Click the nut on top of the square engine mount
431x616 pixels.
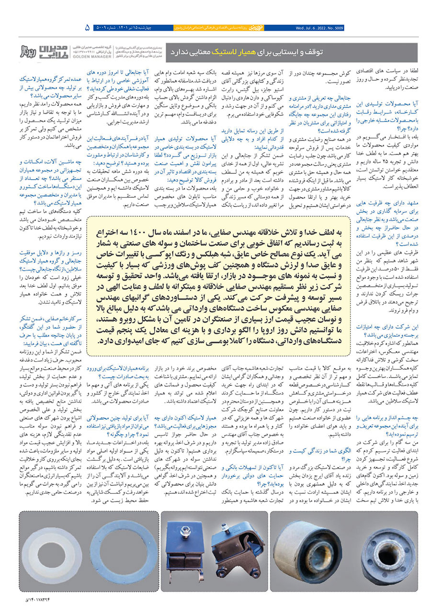[x=184, y=530]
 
